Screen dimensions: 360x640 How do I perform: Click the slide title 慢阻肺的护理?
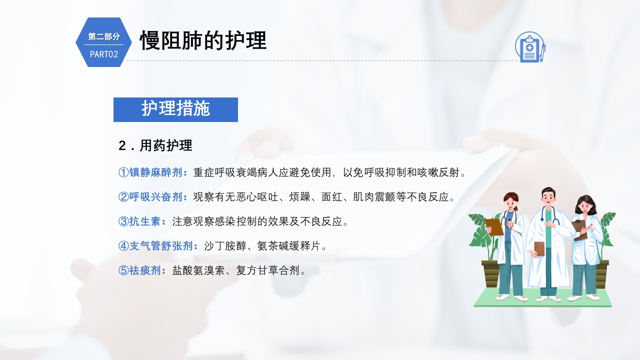pos(203,40)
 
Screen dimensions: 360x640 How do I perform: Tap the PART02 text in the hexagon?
pos(104,54)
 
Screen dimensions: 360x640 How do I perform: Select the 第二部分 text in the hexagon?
pos(104,36)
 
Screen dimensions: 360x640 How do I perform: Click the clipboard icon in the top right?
pos(529,47)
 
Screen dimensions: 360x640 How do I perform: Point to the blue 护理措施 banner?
pos(175,109)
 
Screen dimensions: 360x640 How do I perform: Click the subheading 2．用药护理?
pos(155,145)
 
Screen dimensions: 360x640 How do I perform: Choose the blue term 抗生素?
pos(145,221)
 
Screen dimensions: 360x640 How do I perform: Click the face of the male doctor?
pos(548,198)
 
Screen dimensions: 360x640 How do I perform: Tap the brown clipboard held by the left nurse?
pos(494,227)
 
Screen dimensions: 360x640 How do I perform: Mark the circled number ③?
pos(123,221)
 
